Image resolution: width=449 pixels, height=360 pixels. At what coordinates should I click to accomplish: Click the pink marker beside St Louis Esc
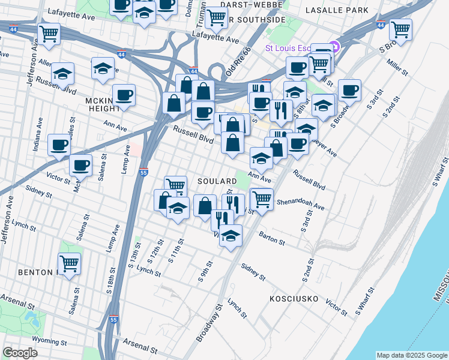(x=335, y=47)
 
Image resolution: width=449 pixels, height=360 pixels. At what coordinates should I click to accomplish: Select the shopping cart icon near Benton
(x=70, y=263)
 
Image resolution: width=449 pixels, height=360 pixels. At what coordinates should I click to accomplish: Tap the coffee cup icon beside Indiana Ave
(x=59, y=144)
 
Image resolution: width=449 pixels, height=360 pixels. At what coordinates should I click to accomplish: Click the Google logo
(x=20, y=352)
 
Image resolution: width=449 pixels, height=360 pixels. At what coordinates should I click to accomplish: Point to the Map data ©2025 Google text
(x=411, y=355)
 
